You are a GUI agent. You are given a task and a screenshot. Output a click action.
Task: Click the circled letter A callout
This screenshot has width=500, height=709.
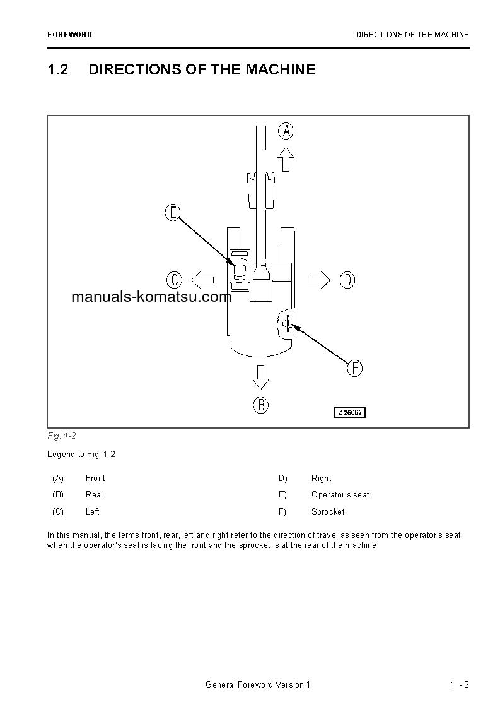click(286, 131)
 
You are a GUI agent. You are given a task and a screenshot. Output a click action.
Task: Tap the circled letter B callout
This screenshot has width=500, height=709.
click(260, 405)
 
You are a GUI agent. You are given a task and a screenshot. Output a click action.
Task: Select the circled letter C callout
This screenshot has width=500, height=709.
click(174, 280)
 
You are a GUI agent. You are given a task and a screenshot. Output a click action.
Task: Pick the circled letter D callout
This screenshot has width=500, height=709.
click(347, 280)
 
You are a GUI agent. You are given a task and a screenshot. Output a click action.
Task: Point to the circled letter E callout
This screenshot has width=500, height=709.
click(173, 213)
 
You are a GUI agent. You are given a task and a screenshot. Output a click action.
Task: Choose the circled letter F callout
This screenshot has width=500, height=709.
click(355, 368)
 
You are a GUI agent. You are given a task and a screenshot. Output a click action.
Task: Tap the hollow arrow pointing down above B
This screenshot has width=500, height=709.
click(260, 376)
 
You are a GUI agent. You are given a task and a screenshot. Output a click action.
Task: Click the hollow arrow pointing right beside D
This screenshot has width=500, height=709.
click(319, 280)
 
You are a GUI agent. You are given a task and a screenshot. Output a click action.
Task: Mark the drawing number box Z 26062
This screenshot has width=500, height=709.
click(349, 412)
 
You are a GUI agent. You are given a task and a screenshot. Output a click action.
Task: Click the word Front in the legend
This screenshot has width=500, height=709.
click(95, 479)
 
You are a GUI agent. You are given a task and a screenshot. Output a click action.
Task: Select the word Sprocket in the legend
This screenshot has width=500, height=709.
click(328, 512)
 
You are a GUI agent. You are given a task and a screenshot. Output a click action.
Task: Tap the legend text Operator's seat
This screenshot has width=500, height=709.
click(340, 495)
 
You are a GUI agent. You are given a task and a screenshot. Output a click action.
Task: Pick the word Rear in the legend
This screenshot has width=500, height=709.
click(95, 495)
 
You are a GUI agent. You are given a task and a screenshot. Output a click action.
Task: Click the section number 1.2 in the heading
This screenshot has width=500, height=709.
click(57, 69)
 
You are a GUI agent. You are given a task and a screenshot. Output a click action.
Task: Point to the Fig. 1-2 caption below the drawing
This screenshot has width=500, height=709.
click(61, 436)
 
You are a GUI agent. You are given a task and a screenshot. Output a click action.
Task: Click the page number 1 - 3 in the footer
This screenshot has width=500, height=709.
click(460, 685)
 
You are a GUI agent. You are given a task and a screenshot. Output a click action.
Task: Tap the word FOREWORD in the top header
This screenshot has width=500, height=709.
click(69, 35)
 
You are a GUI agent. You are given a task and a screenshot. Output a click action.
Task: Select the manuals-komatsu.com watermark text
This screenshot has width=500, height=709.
click(151, 297)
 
